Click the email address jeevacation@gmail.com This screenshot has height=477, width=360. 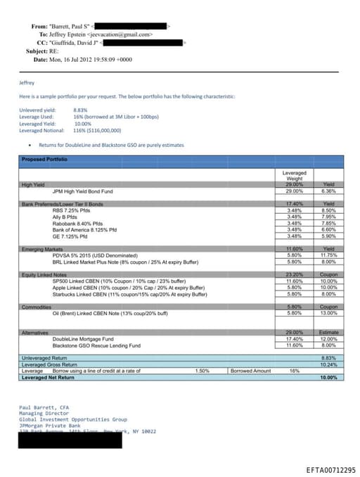120,34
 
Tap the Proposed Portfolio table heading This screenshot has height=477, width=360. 44,160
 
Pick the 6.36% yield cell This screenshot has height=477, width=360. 328,191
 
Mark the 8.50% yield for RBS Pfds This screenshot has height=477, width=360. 328,210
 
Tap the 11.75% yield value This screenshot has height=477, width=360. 328,255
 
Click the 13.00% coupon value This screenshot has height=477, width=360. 328,313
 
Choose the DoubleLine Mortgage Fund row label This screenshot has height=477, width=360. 87,339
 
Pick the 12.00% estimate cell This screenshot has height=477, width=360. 328,339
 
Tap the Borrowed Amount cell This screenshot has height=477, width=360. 250,371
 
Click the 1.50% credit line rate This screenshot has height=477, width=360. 201,371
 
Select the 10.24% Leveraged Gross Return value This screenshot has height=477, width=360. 328,364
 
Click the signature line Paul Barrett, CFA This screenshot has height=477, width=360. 44,407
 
